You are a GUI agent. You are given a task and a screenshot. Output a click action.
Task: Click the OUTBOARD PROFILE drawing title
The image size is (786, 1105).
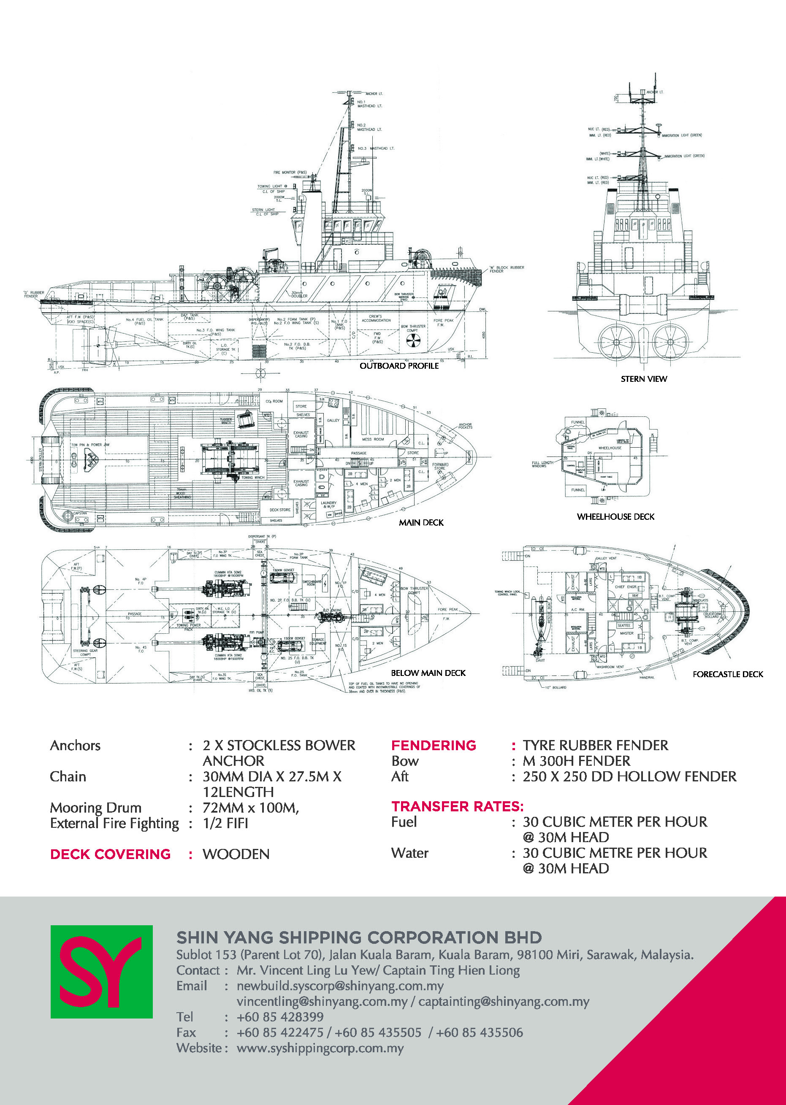(399, 366)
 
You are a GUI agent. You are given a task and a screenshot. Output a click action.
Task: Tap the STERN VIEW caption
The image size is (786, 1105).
(644, 379)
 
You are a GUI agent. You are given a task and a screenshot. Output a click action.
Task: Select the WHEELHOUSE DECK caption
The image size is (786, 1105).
(615, 517)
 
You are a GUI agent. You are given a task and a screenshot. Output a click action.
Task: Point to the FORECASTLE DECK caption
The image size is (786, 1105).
(727, 674)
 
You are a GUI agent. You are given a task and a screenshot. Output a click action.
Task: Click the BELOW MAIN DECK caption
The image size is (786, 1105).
(428, 673)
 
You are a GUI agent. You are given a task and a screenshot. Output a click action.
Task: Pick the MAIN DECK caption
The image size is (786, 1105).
(421, 522)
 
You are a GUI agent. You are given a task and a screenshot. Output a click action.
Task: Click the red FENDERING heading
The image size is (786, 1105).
(433, 746)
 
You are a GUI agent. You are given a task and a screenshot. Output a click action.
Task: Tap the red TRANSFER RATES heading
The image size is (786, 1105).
(457, 807)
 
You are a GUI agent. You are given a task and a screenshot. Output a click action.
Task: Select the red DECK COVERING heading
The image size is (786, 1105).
(110, 854)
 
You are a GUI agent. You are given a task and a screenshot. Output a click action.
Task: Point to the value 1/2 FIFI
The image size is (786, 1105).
(225, 824)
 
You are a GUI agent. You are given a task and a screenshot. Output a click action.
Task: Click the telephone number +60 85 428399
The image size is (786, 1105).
(280, 1017)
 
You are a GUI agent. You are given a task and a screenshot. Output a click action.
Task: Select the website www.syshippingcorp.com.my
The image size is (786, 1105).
(320, 1048)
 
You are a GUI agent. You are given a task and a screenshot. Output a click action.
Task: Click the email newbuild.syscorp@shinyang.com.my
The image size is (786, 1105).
(340, 986)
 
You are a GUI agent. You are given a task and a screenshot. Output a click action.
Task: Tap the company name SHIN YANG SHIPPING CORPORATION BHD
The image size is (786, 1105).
(359, 937)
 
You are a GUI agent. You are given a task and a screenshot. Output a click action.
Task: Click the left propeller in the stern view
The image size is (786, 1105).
(616, 342)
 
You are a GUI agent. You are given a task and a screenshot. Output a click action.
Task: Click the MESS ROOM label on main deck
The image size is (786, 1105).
(373, 439)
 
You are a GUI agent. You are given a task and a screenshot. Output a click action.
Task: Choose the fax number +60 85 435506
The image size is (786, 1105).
(479, 1032)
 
